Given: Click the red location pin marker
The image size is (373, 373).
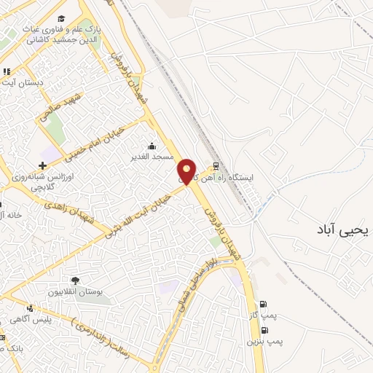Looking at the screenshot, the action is [x=188, y=170].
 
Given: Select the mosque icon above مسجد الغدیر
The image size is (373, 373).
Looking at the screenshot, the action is [x=152, y=145].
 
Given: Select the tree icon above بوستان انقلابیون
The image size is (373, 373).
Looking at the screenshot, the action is [x=75, y=280].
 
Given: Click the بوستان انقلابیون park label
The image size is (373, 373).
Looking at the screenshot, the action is [x=75, y=291].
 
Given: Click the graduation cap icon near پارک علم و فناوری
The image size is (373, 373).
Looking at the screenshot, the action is [x=62, y=17].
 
